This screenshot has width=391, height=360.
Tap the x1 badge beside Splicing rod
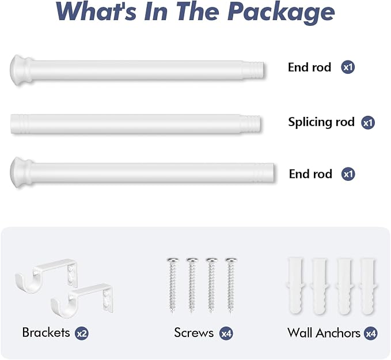pos(368,123)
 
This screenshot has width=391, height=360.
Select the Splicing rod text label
pos(321,122)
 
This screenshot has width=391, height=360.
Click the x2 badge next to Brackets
pos(82,334)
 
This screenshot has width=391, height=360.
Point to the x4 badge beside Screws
pos(226,334)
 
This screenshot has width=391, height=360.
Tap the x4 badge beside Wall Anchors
pos(370,334)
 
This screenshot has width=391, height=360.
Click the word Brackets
pos(46,332)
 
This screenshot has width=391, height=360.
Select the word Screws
pos(193,332)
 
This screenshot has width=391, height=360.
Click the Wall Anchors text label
pos(324,333)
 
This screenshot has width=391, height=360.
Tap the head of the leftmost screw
pos(173,260)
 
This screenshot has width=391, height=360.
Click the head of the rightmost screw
pos(231,260)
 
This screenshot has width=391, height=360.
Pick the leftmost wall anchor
pos(296,286)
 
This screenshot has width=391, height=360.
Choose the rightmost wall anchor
pos(368,286)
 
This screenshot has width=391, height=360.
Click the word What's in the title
pos(96,12)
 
